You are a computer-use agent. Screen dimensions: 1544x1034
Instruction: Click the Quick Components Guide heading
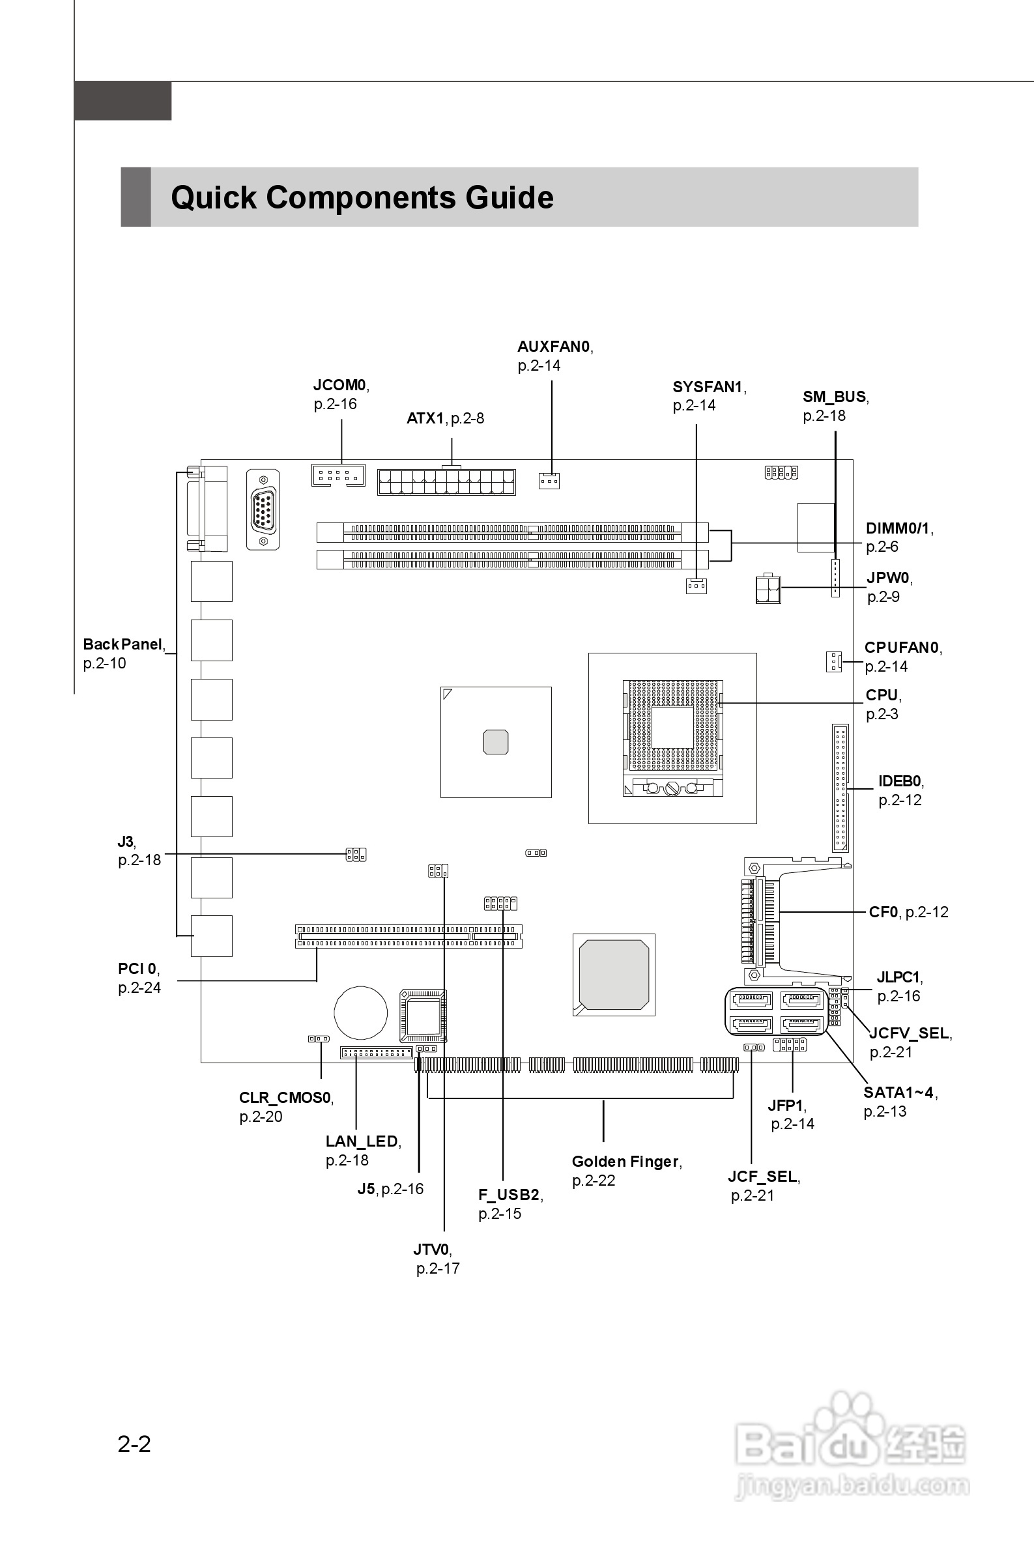coord(362,198)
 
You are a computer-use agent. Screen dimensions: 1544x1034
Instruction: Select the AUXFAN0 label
coord(554,347)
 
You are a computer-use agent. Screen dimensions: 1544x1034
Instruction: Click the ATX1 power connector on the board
coord(446,483)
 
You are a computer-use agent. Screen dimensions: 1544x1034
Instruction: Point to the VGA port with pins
coord(263,509)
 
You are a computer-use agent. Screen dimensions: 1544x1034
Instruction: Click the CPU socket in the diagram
coord(672,737)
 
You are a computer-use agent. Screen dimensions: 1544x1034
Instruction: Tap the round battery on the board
coord(361,1012)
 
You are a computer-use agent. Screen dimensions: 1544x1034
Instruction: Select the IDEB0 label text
coord(900,781)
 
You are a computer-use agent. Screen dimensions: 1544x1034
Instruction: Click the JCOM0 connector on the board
coord(337,476)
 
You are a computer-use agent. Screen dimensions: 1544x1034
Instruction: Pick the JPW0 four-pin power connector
coord(768,589)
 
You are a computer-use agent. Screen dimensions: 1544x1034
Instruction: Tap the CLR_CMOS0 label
coord(285,1098)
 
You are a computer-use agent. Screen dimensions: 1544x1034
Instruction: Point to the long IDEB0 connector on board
coord(840,788)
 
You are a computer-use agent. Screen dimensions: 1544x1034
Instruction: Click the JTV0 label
coord(432,1250)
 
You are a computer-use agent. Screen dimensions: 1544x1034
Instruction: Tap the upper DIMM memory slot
coord(512,532)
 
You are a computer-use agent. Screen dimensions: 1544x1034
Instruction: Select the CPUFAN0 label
coord(902,648)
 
